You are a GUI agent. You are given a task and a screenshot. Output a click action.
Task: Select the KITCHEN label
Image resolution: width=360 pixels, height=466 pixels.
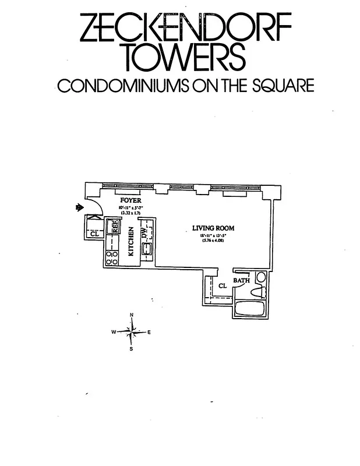click(x=131, y=242)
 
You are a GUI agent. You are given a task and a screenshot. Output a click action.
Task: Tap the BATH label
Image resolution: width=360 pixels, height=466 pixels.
click(x=241, y=281)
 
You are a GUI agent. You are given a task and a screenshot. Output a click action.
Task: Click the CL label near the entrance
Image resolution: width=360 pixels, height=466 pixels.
click(x=94, y=234)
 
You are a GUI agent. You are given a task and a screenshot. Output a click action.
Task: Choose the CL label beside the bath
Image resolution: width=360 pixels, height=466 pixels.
click(x=222, y=286)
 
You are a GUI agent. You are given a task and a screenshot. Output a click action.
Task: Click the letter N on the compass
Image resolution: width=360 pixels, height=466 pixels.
click(x=132, y=315)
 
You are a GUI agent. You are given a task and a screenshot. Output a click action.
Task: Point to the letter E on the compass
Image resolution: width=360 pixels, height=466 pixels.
click(x=150, y=332)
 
